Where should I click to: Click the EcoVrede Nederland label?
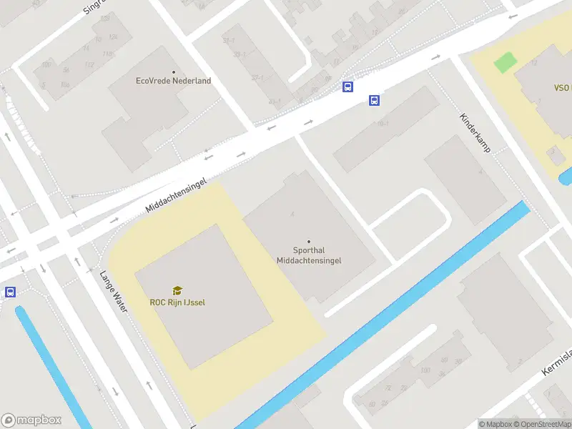[x=173, y=81]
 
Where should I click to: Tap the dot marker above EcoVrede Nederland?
[x=173, y=71]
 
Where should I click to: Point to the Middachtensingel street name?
[x=176, y=195]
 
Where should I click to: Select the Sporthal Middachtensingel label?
[x=309, y=256]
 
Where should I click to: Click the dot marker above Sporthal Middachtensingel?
[x=309, y=242]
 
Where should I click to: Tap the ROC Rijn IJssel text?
[x=177, y=302]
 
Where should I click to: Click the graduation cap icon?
[x=177, y=291]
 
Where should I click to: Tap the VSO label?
[x=561, y=88]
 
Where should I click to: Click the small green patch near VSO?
[x=505, y=62]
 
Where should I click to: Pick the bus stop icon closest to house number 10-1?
[x=374, y=101]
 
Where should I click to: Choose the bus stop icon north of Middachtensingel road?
[x=347, y=87]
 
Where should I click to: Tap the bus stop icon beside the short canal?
[x=10, y=292]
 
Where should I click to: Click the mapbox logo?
[x=31, y=420]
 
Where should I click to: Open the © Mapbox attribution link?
[x=494, y=424]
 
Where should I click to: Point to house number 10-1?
[x=383, y=124]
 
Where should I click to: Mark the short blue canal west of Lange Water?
[x=50, y=365]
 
